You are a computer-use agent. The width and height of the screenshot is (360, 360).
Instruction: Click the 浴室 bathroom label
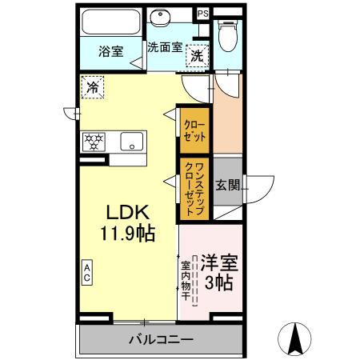(110, 51)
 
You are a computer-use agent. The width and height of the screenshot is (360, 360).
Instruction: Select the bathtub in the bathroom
(110, 22)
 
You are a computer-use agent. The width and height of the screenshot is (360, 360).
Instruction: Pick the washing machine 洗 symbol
(196, 56)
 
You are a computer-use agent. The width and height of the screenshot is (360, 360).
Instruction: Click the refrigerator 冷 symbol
(94, 86)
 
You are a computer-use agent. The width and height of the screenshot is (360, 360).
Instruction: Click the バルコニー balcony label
(160, 339)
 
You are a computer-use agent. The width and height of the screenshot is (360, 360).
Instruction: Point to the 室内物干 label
(185, 281)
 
